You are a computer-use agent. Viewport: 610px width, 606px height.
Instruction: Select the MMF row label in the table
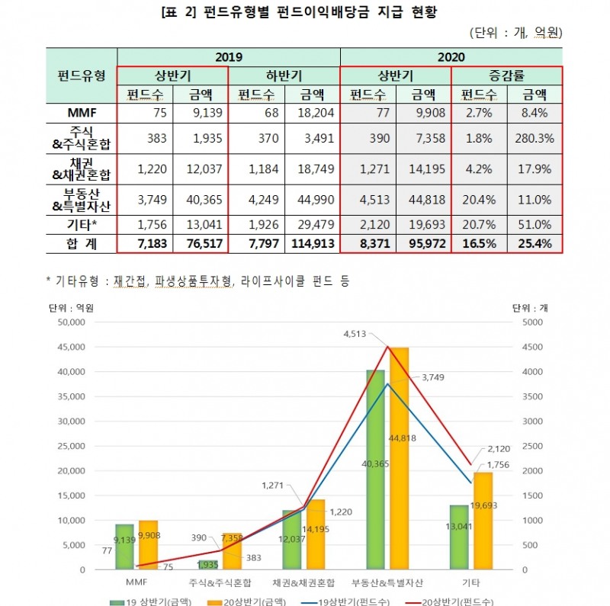(x=82, y=113)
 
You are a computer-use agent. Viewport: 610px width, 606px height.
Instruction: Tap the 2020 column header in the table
(x=451, y=56)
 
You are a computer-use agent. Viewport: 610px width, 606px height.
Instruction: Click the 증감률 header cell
(x=506, y=75)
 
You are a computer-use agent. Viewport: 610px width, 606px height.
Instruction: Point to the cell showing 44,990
(x=311, y=201)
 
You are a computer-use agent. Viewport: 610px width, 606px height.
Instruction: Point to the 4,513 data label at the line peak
(x=356, y=334)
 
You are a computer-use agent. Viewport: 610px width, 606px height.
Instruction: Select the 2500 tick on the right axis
(x=531, y=446)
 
